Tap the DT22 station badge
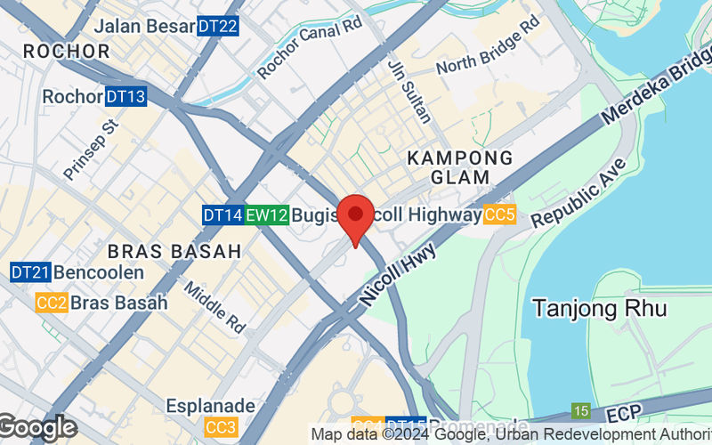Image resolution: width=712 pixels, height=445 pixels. coord(217,27)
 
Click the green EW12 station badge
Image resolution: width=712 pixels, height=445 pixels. coord(267,214)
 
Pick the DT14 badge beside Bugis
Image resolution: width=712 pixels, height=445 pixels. coord(222,214)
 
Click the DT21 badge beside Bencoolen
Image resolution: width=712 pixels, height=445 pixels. coord(30,271)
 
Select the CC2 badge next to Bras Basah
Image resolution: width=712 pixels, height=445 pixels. coord(52,303)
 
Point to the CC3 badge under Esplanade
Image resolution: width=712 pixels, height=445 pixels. coord(219,427)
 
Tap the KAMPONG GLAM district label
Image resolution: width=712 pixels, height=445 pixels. coord(460,167)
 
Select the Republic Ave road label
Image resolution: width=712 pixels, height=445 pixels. coord(581,192)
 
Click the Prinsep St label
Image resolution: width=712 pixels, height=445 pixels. coord(91,148)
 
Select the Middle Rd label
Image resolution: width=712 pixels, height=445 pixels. coord(214,308)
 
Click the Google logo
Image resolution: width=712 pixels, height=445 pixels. coord(37,428)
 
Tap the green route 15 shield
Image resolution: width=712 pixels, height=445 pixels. coord(581,410)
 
